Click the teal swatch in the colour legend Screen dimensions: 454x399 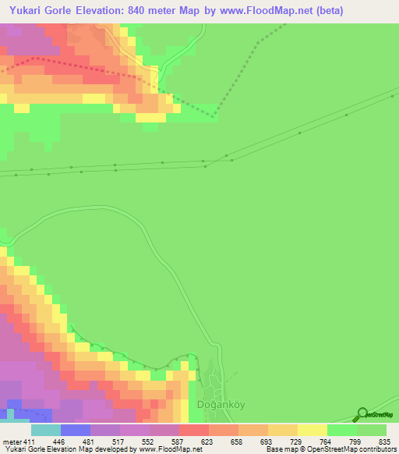pos(46,430)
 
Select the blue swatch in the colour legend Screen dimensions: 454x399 pos(76,430)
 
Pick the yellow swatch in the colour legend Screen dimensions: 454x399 pos(312,430)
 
